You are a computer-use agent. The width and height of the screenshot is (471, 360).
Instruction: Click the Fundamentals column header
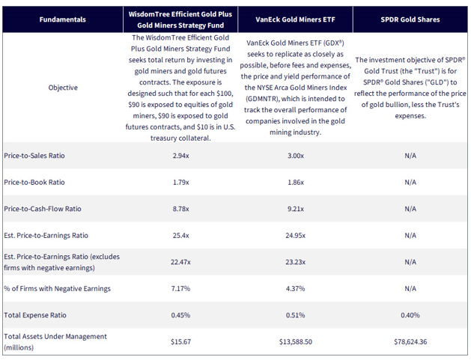click(x=62, y=19)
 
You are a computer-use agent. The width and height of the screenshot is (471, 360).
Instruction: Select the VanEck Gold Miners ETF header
click(x=295, y=19)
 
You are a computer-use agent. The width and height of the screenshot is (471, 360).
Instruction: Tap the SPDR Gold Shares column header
click(x=410, y=19)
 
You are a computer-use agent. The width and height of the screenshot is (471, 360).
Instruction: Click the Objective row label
click(x=63, y=88)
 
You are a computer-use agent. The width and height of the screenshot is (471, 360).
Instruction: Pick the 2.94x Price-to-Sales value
click(x=180, y=156)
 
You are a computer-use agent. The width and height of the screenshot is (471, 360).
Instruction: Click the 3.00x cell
click(x=296, y=156)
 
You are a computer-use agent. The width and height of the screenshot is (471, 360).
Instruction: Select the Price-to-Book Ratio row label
click(x=34, y=183)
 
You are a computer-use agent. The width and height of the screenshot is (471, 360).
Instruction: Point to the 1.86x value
click(x=296, y=183)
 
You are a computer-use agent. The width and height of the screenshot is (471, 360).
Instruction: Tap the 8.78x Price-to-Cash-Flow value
click(x=180, y=209)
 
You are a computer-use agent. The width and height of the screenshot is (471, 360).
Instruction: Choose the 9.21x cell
click(x=296, y=209)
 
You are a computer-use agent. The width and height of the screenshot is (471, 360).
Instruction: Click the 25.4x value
click(x=180, y=236)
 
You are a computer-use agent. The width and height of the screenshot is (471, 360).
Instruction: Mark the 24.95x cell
click(x=296, y=236)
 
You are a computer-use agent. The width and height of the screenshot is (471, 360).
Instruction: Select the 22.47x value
click(x=180, y=262)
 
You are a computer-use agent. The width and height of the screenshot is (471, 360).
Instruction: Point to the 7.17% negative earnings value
click(x=180, y=289)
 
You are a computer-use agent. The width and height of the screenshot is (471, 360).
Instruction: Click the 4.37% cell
click(x=296, y=289)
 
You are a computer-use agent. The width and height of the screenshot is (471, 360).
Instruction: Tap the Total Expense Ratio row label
click(x=35, y=315)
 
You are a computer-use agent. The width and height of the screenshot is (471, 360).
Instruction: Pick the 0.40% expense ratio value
click(x=410, y=315)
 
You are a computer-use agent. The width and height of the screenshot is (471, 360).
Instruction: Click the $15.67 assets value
click(x=180, y=342)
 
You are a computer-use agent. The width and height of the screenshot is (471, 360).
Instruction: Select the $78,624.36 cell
click(x=410, y=342)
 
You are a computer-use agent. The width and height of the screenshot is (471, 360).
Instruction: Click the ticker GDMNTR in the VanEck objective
click(x=261, y=99)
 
